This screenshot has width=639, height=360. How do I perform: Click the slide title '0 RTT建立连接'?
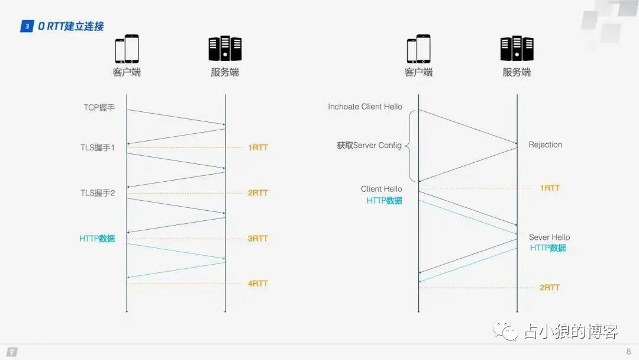(70, 26)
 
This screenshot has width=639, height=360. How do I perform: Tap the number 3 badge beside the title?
(27, 26)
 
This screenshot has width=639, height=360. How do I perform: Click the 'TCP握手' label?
(99, 108)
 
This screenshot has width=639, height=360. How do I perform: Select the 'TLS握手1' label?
(98, 147)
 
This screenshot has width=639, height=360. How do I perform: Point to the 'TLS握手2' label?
(98, 193)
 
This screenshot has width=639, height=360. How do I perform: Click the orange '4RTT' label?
(258, 284)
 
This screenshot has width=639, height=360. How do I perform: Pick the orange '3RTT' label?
(258, 239)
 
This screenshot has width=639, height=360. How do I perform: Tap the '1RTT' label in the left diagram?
(258, 147)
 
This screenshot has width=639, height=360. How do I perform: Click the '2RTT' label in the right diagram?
(550, 288)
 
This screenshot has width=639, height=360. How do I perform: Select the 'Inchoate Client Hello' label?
(365, 107)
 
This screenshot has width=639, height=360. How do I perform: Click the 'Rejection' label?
(545, 145)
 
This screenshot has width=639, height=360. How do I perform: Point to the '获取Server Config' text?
(369, 145)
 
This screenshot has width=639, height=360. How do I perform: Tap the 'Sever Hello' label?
(549, 237)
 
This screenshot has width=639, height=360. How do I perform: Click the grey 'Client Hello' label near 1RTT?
(381, 189)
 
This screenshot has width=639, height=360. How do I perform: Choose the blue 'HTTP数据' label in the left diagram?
(97, 239)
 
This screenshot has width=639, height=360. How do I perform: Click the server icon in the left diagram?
(225, 49)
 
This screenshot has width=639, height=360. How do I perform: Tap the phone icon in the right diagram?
(418, 49)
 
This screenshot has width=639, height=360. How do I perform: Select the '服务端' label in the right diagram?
(517, 72)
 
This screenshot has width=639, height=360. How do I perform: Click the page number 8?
(628, 352)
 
